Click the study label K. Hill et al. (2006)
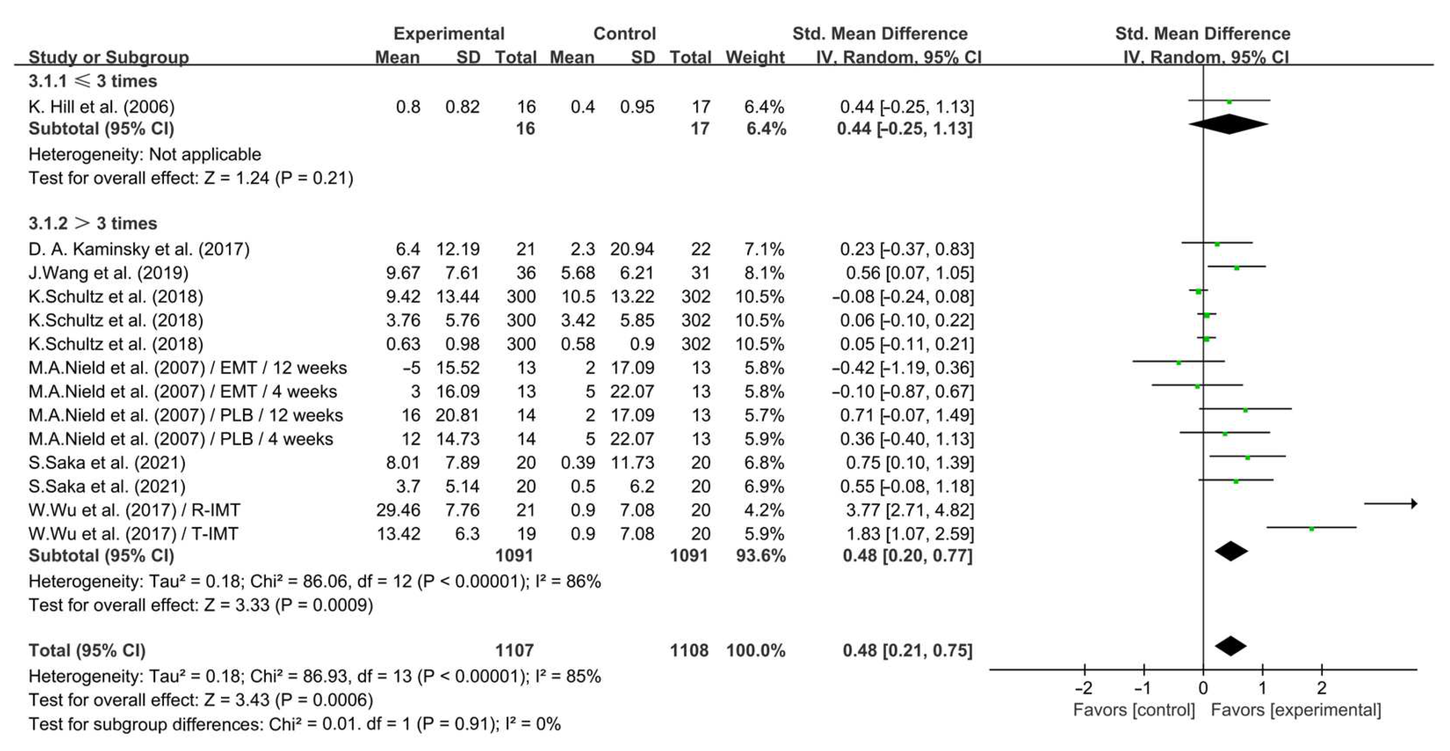(101, 107)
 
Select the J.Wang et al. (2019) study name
(108, 273)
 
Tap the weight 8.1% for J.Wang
(759, 273)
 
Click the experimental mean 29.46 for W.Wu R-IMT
(398, 510)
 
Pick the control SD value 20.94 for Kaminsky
(632, 249)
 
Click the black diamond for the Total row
(1230, 646)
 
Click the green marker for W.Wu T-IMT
(1312, 528)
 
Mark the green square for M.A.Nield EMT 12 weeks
(1179, 363)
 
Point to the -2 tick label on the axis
(1084, 688)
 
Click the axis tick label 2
(1321, 688)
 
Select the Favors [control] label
(1134, 709)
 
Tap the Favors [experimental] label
(1296, 709)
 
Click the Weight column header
(755, 57)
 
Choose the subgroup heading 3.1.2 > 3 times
(93, 224)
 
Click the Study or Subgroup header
(108, 57)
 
